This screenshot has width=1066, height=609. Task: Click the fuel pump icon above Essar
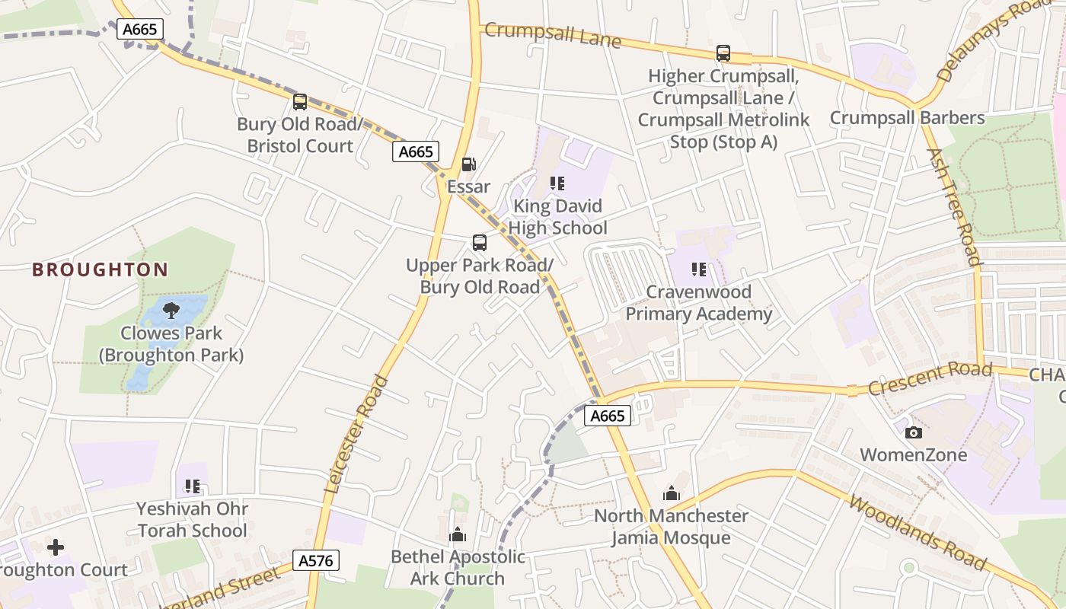click(x=469, y=164)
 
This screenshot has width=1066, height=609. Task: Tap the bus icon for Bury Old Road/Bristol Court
click(x=300, y=101)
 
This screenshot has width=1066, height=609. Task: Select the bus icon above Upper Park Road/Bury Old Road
click(x=480, y=243)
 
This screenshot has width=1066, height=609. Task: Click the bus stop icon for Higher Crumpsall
click(x=723, y=53)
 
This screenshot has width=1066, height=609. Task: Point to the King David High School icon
click(x=557, y=183)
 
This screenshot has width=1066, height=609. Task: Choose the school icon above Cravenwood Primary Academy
click(x=699, y=269)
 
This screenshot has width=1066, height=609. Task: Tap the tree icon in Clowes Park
click(x=171, y=310)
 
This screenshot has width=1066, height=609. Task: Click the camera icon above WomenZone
click(x=914, y=432)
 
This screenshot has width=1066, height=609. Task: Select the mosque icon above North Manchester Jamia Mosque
click(x=672, y=493)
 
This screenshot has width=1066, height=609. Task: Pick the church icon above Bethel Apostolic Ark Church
click(x=458, y=534)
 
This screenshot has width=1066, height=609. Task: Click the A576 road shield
click(x=316, y=561)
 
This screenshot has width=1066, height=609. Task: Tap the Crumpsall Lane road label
click(x=553, y=34)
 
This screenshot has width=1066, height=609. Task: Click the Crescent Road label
click(x=930, y=378)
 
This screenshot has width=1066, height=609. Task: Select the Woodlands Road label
click(x=917, y=534)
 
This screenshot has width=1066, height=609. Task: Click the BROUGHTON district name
click(x=100, y=269)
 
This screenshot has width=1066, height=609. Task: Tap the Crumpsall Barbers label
click(x=907, y=118)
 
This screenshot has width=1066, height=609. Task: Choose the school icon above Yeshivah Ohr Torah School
click(x=193, y=486)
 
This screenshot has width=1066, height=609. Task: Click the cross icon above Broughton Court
click(x=56, y=547)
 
